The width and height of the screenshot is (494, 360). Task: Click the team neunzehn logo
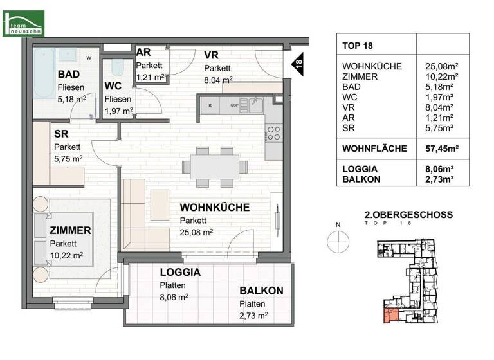24,23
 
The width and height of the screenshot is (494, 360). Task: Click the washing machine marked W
89,58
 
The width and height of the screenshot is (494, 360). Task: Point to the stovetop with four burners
273,133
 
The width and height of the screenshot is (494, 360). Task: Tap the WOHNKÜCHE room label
214,208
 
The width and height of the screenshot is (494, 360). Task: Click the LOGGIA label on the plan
180,272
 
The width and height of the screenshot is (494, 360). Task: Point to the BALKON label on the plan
261,291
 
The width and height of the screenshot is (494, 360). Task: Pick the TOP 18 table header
358,46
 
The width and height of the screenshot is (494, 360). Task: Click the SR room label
61,135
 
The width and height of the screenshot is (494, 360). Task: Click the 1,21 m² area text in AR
151,76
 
